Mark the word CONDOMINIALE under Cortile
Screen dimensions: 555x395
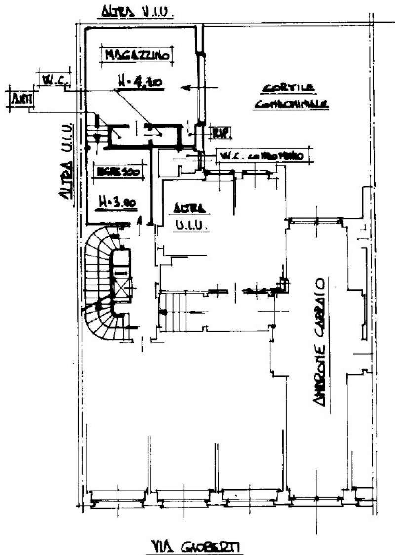tap(292, 105)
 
